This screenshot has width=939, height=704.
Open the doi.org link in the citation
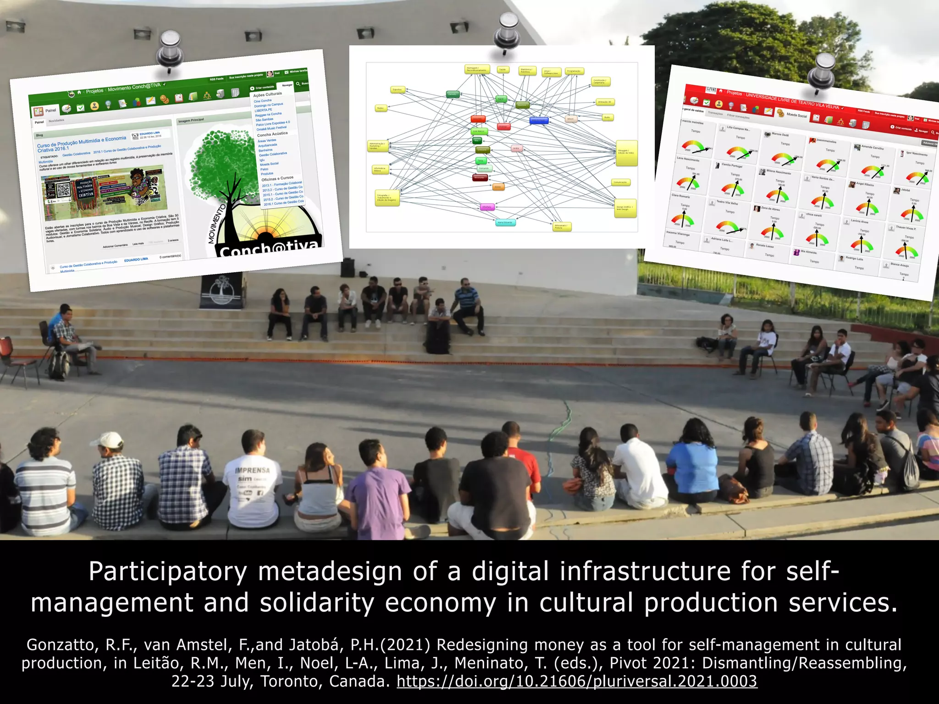click(x=577, y=682)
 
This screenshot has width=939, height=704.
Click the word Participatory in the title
click(x=168, y=572)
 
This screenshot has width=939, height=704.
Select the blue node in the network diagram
click(x=538, y=121)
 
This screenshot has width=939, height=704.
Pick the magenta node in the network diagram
click(x=486, y=207)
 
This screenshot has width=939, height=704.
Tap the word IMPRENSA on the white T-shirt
click(x=252, y=470)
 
